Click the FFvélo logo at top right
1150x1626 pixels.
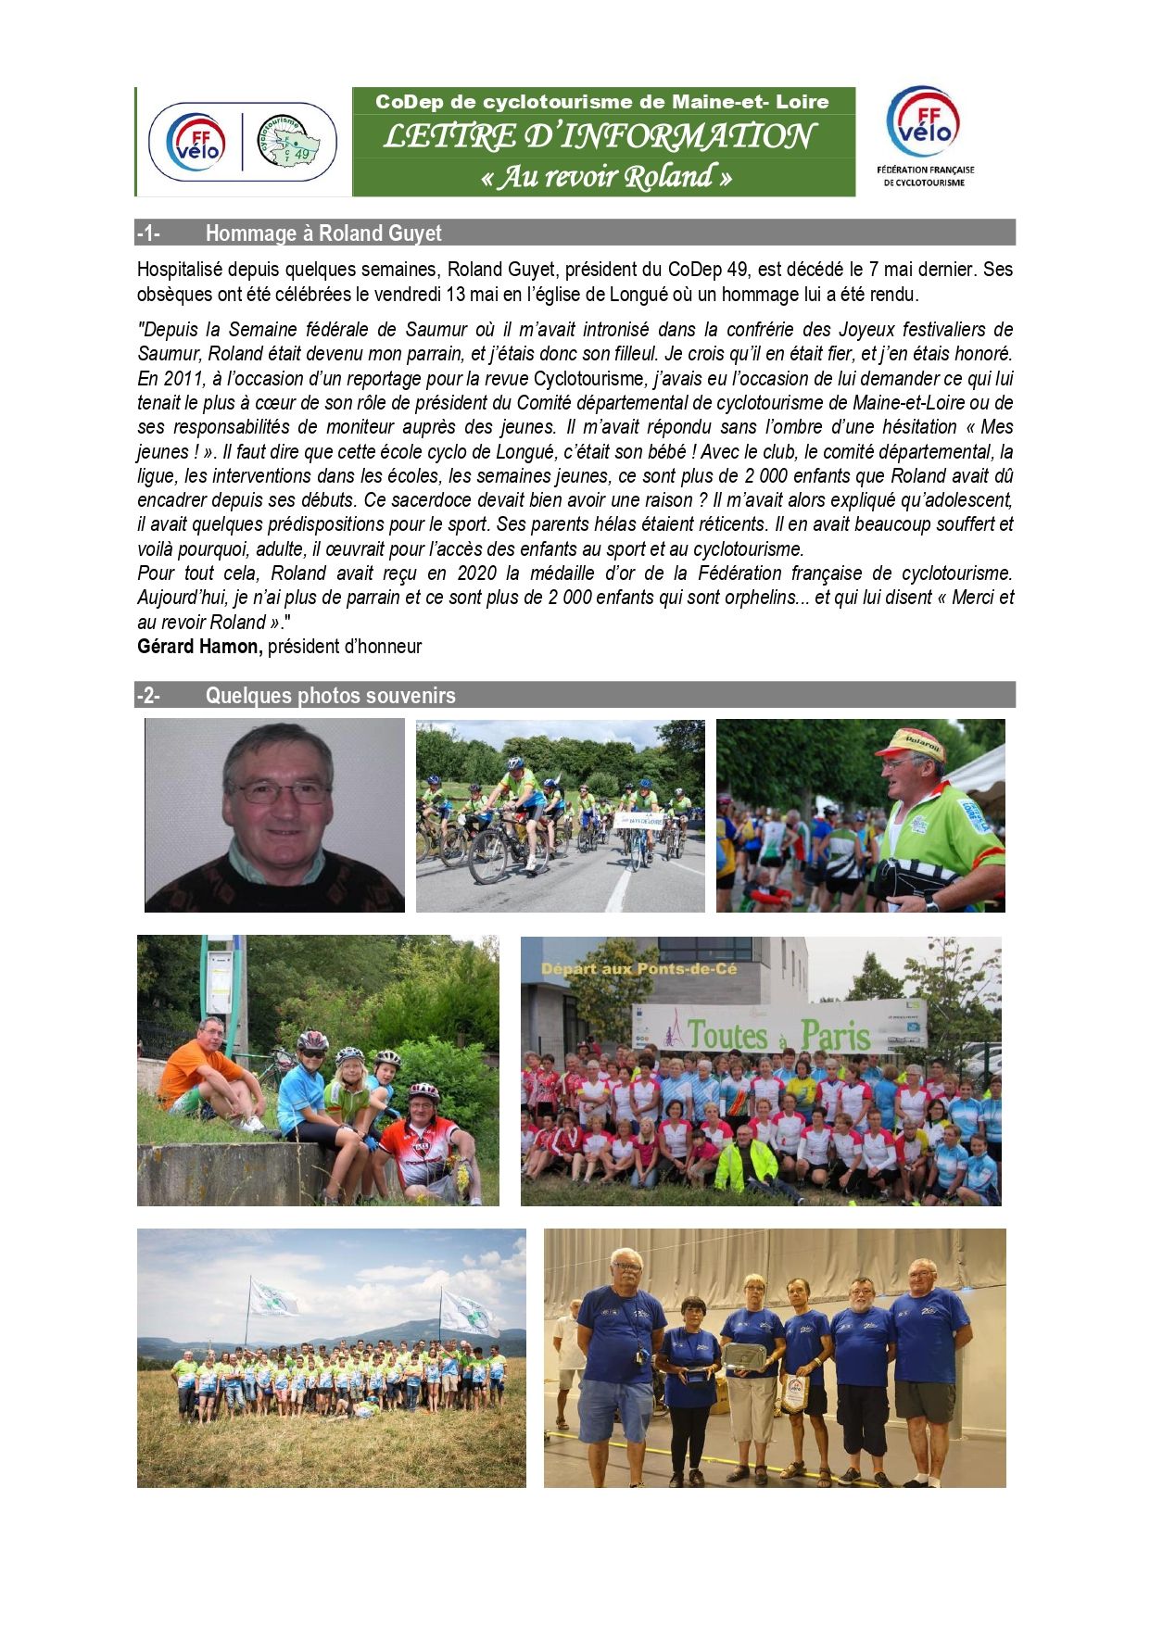pos(924,124)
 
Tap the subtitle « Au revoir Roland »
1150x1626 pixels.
pos(606,176)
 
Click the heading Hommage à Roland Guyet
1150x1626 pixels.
pos(322,233)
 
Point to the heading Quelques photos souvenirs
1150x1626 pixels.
pos(330,696)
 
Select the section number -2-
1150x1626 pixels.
pos(147,696)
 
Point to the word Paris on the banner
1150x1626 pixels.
pos(835,1035)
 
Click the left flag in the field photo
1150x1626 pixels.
pos(274,1297)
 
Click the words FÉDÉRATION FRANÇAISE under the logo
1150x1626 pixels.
pos(925,170)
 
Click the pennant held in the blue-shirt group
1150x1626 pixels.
pos(795,1393)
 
